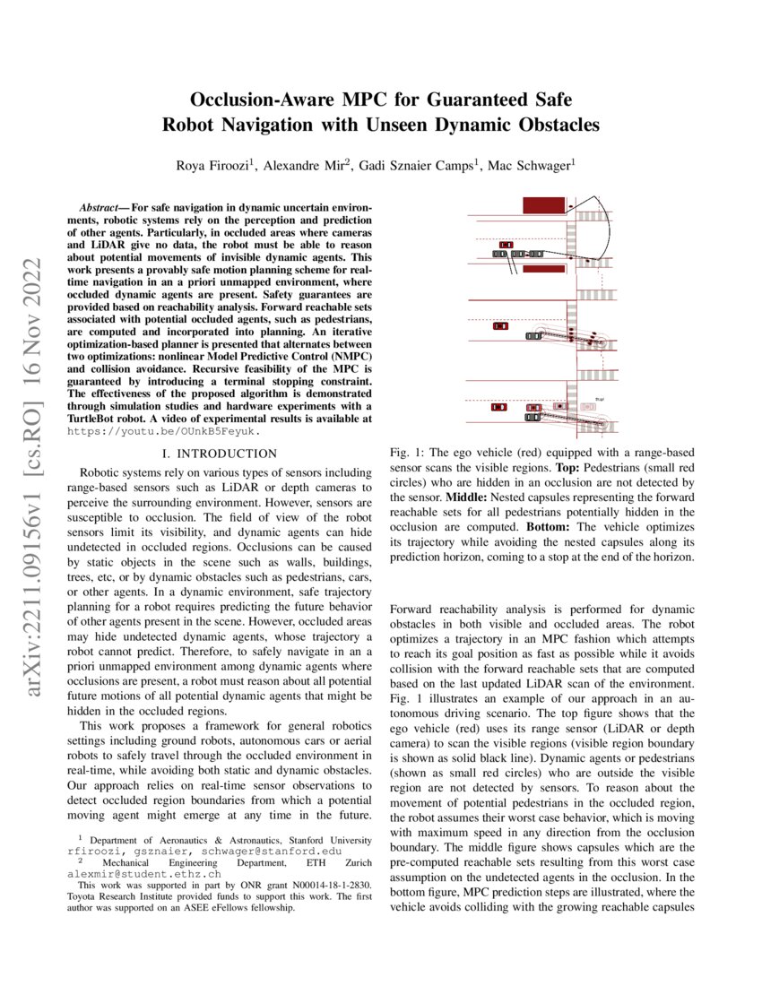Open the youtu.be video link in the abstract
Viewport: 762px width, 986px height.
(x=164, y=430)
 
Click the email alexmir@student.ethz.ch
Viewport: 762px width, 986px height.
(x=143, y=871)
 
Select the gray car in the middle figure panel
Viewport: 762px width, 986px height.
(x=534, y=336)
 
